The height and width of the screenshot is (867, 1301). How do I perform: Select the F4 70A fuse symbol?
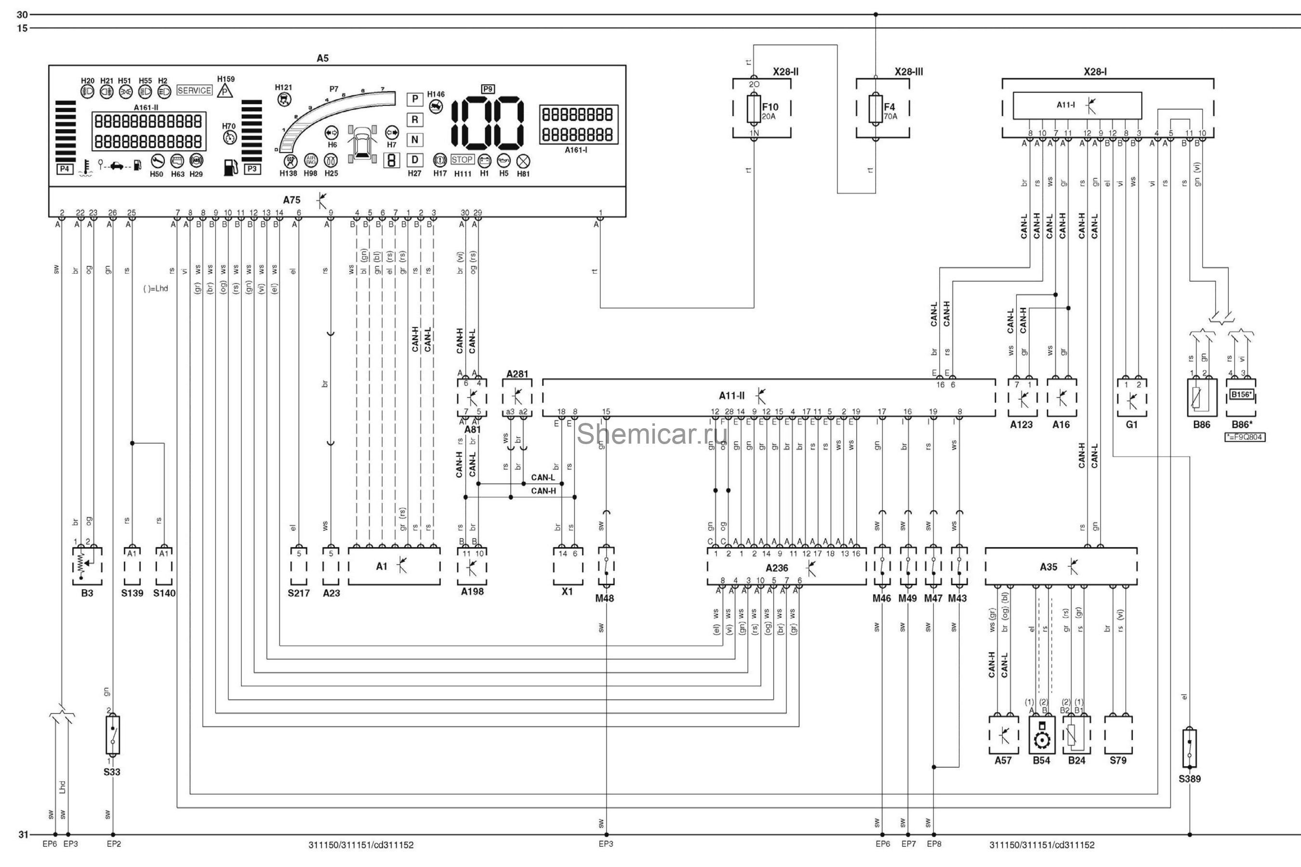point(875,109)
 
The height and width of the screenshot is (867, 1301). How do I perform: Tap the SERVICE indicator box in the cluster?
point(194,90)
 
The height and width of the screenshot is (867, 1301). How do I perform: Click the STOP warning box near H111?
point(462,160)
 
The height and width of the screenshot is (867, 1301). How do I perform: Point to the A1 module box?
point(394,566)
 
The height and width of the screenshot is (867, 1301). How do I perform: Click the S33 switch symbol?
point(112,735)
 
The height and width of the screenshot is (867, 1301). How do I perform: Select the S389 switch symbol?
point(1189,748)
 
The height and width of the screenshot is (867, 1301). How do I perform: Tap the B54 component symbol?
point(1042,736)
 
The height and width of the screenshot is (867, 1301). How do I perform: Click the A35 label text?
point(1048,567)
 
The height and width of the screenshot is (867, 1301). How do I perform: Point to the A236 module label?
point(777,568)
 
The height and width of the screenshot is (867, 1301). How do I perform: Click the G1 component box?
point(1132,397)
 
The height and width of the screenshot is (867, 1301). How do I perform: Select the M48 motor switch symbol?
point(606,566)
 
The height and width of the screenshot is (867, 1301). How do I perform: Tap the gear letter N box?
point(414,140)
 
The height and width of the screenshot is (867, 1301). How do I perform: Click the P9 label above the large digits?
point(487,89)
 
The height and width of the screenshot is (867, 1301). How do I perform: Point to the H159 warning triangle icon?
point(225,91)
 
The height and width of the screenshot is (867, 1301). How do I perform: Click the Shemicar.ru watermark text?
point(651,433)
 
